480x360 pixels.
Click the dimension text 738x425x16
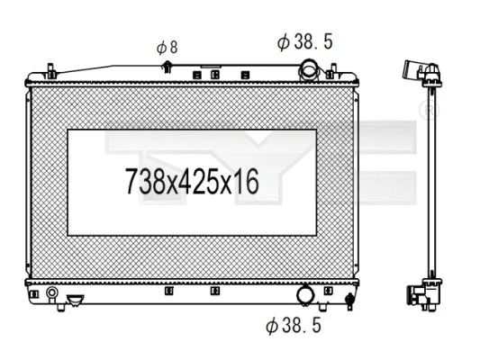[191, 184]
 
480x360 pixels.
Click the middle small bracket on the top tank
[214, 75]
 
